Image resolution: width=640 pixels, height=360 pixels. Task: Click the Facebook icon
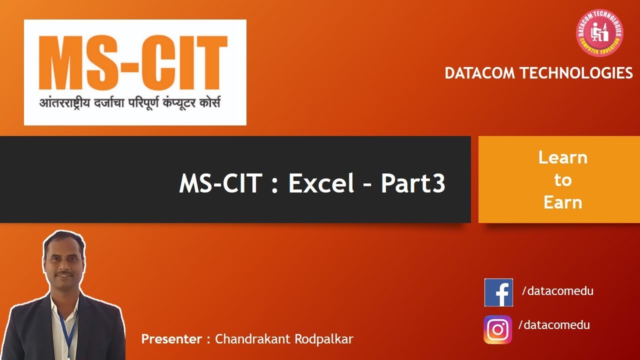tap(498, 292)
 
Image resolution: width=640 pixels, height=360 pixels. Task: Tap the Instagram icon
tap(497, 329)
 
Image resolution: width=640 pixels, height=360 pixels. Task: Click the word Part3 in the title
tap(413, 183)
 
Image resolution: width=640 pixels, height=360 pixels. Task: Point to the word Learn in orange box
tap(562, 158)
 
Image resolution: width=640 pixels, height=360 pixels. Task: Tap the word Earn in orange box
tap(562, 202)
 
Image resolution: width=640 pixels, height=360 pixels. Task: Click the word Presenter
tap(171, 339)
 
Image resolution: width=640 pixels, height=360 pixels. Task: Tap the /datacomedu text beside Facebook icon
tap(557, 290)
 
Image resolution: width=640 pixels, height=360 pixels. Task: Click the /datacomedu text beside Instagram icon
tap(554, 325)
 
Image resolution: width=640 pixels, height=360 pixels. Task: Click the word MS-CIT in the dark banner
tap(220, 183)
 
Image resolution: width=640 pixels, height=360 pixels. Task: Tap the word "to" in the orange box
tap(562, 180)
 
